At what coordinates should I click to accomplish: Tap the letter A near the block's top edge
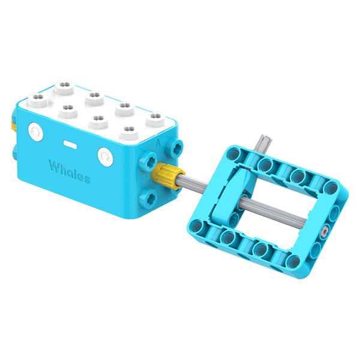coord(158,143)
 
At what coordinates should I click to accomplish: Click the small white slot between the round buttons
coord(71,144)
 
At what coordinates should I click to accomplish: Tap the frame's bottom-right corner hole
coord(295,260)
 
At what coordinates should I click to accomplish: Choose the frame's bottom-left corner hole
coord(199,224)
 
